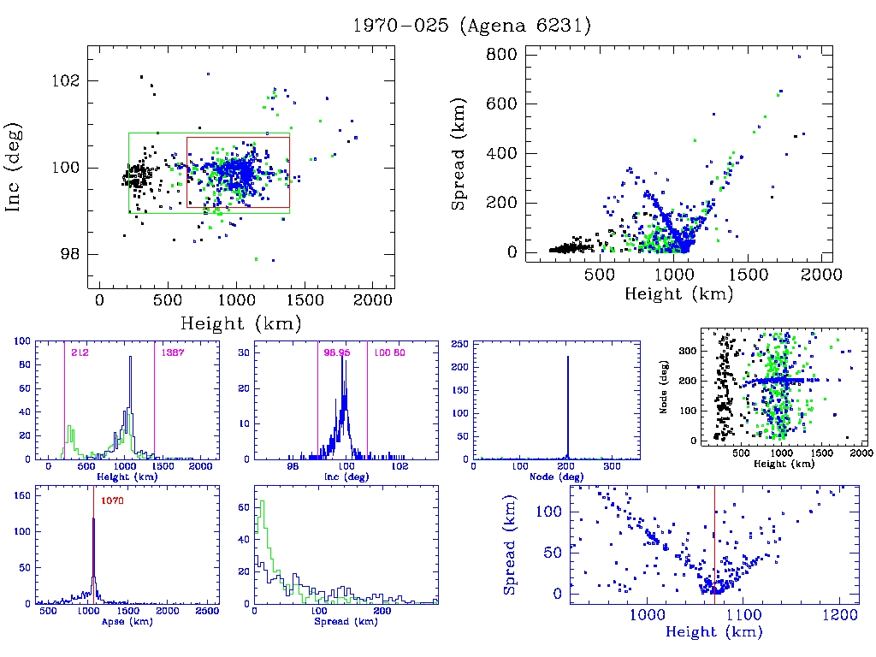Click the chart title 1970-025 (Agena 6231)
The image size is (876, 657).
[472, 26]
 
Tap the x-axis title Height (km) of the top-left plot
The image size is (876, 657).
[240, 323]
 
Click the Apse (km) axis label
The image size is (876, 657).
[126, 621]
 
